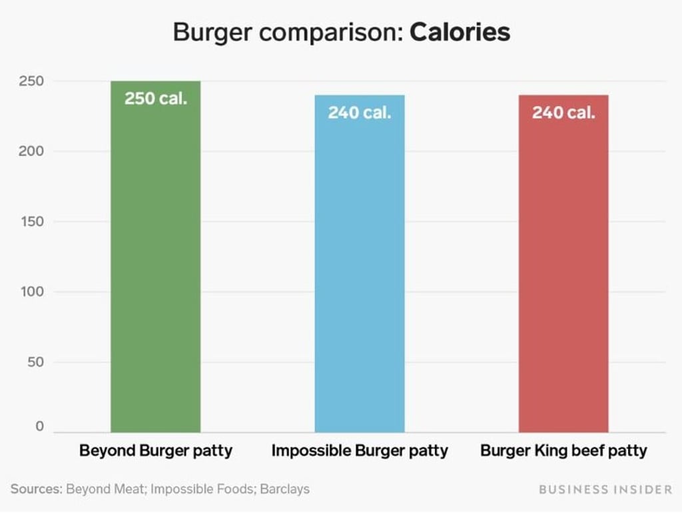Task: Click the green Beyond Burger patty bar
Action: [x=155, y=266]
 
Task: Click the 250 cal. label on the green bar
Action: [x=156, y=99]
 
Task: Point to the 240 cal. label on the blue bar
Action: [x=359, y=113]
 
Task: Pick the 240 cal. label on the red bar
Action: [x=563, y=113]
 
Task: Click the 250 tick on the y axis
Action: [x=31, y=81]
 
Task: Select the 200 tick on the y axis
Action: [x=31, y=151]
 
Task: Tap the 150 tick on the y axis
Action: [x=31, y=222]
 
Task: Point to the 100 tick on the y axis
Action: [x=31, y=292]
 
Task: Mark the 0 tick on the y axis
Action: [x=39, y=426]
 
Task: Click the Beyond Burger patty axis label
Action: [x=156, y=451]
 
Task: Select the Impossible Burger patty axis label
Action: [x=360, y=451]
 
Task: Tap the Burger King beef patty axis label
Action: [x=563, y=451]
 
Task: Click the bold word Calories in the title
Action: [x=460, y=33]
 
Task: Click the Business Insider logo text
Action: [x=605, y=489]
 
